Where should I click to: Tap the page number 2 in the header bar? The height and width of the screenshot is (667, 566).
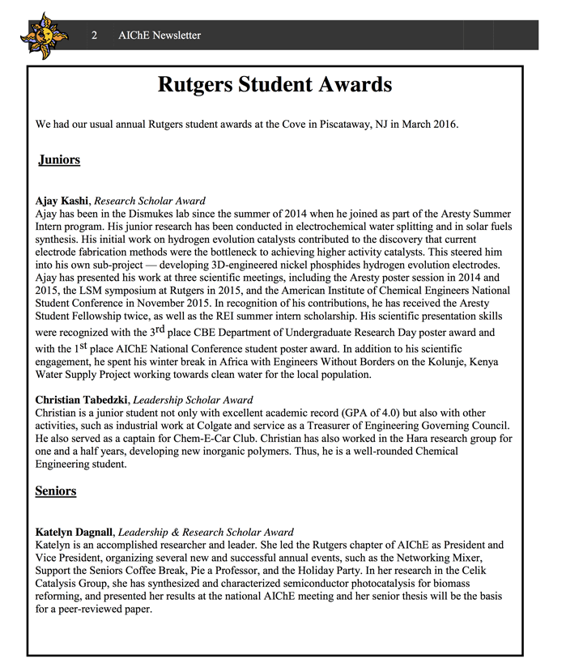(x=95, y=36)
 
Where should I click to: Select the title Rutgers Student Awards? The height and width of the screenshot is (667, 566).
(x=274, y=84)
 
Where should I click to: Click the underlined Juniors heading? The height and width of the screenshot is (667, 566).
(x=59, y=159)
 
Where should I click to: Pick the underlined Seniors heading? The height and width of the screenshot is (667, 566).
(x=56, y=491)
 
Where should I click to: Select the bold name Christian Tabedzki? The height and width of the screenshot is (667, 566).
(x=83, y=400)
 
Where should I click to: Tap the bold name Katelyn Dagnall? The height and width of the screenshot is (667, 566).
(x=75, y=532)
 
